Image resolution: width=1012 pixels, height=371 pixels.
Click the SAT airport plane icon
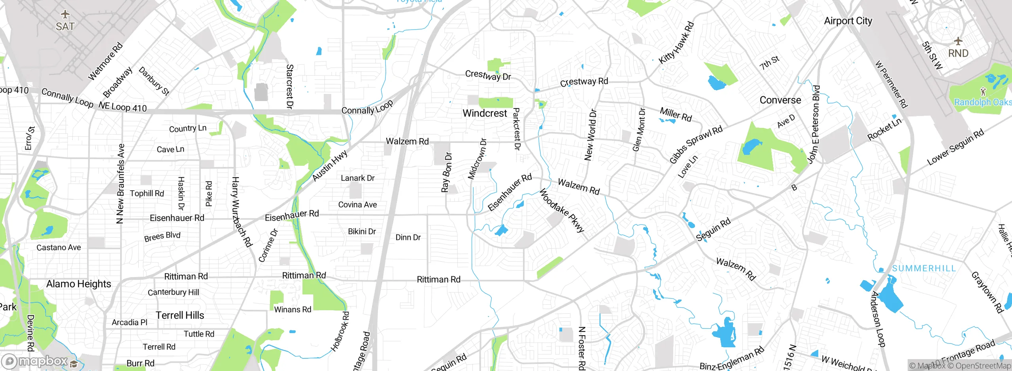65,15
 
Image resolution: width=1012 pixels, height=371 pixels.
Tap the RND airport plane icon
958,41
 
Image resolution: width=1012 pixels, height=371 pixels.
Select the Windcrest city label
485,113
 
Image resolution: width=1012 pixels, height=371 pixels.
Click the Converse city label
780,100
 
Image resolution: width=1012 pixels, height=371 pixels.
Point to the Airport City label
848,21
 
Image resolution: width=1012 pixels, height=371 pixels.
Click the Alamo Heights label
79,284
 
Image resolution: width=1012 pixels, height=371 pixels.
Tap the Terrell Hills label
180,315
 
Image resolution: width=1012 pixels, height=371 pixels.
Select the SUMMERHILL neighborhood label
924,268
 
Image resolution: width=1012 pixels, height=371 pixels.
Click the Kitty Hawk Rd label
676,43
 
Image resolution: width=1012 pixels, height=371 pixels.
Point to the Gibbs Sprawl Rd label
696,144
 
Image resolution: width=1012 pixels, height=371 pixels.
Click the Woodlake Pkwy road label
562,211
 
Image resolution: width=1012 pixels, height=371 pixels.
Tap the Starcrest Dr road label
289,87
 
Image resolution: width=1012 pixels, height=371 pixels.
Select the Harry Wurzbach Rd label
241,212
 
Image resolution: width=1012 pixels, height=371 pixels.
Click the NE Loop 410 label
123,107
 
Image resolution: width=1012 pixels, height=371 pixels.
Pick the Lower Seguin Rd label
955,147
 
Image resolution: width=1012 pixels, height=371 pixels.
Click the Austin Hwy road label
330,166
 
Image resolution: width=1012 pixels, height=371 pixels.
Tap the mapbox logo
36,361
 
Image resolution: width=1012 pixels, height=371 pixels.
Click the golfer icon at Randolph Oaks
984,92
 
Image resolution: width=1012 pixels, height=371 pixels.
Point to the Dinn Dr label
408,237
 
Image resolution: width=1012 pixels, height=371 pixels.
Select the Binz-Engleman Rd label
732,359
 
